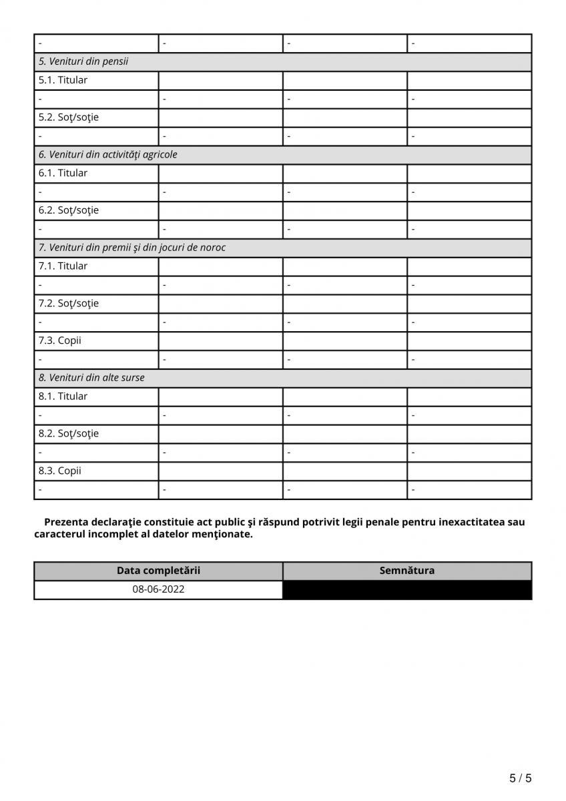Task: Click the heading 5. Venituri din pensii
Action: tap(83, 61)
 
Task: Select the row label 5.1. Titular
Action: tap(63, 80)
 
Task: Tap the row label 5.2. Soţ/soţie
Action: tap(69, 117)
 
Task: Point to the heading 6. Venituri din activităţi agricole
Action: tap(108, 154)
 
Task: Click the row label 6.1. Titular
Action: tap(63, 173)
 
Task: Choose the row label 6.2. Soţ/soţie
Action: tap(69, 210)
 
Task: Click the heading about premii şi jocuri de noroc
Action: tap(132, 247)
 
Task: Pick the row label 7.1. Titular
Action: tap(63, 266)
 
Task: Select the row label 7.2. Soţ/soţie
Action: tap(69, 303)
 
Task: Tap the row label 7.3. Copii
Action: tap(60, 340)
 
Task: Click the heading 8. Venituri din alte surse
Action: tap(91, 377)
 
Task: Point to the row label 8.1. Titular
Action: tap(63, 396)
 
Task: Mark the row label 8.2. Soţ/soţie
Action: tap(69, 433)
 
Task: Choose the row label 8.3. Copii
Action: tap(60, 471)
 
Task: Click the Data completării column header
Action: tap(158, 571)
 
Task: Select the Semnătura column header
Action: tap(407, 571)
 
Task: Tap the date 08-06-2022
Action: tap(158, 590)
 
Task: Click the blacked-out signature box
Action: tap(407, 590)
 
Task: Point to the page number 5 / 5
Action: tap(521, 778)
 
